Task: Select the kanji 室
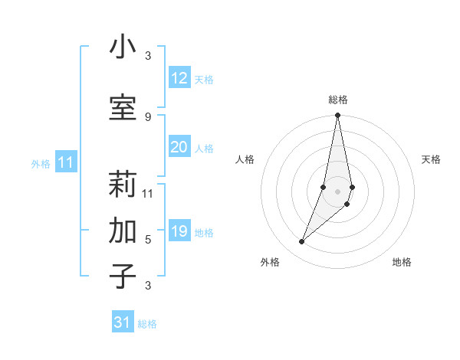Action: [123, 108]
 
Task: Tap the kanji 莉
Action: [123, 185]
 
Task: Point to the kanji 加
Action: [123, 231]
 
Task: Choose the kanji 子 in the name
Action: [123, 277]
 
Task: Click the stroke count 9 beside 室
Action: [148, 116]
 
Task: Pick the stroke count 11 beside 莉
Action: [148, 193]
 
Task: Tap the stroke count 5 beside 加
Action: [148, 239]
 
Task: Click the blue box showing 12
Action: [179, 78]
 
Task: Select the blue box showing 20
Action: [179, 147]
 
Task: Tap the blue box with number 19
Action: [179, 231]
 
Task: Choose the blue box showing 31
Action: [123, 322]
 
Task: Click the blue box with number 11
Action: [65, 162]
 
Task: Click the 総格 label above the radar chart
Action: [338, 100]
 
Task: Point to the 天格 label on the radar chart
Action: [431, 159]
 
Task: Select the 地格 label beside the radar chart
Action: [402, 262]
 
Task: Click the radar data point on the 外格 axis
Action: [301, 242]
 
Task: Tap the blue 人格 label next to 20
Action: [204, 149]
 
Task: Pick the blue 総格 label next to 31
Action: [147, 324]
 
